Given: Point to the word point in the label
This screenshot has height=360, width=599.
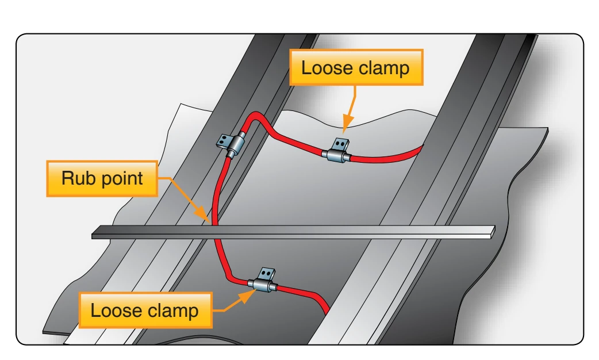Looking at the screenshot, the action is [x=120, y=179].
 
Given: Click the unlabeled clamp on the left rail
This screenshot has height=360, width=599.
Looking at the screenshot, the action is [x=232, y=145].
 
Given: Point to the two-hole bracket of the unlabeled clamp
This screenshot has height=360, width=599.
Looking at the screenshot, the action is [x=223, y=141].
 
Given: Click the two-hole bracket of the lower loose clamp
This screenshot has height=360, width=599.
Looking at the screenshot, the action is [x=267, y=274].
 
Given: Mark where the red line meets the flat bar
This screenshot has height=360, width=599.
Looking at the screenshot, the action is [x=214, y=225].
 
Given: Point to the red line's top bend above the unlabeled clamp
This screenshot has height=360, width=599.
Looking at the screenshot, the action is [x=255, y=115].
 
